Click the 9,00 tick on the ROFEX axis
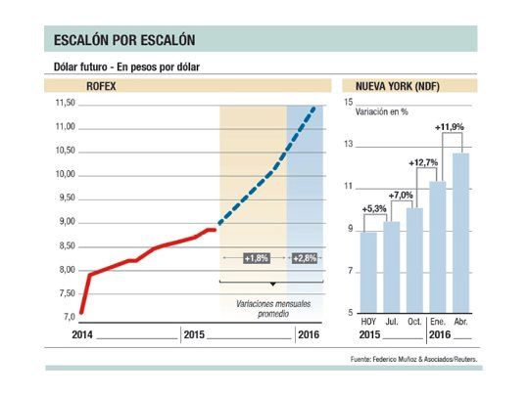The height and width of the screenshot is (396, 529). (x=65, y=222)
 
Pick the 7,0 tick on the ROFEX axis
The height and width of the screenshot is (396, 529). (x=68, y=317)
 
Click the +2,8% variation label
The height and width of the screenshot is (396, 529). (x=306, y=258)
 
